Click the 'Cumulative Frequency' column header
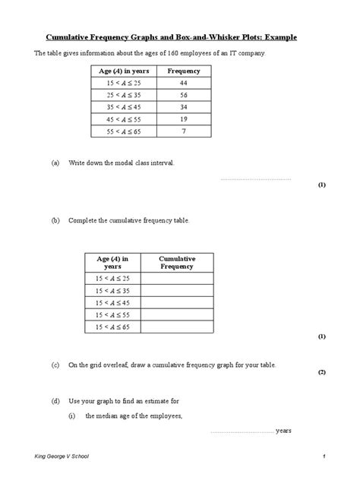point(177,263)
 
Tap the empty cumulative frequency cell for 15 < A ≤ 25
point(177,278)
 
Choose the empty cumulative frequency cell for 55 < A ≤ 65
point(177,327)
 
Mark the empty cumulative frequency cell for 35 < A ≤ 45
point(177,302)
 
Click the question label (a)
point(55,163)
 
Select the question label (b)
point(55,220)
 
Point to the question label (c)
point(55,365)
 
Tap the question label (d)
point(55,400)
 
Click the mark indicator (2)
point(322,373)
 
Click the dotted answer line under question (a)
point(255,179)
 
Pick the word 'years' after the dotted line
point(284,431)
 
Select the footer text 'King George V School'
point(64,456)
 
